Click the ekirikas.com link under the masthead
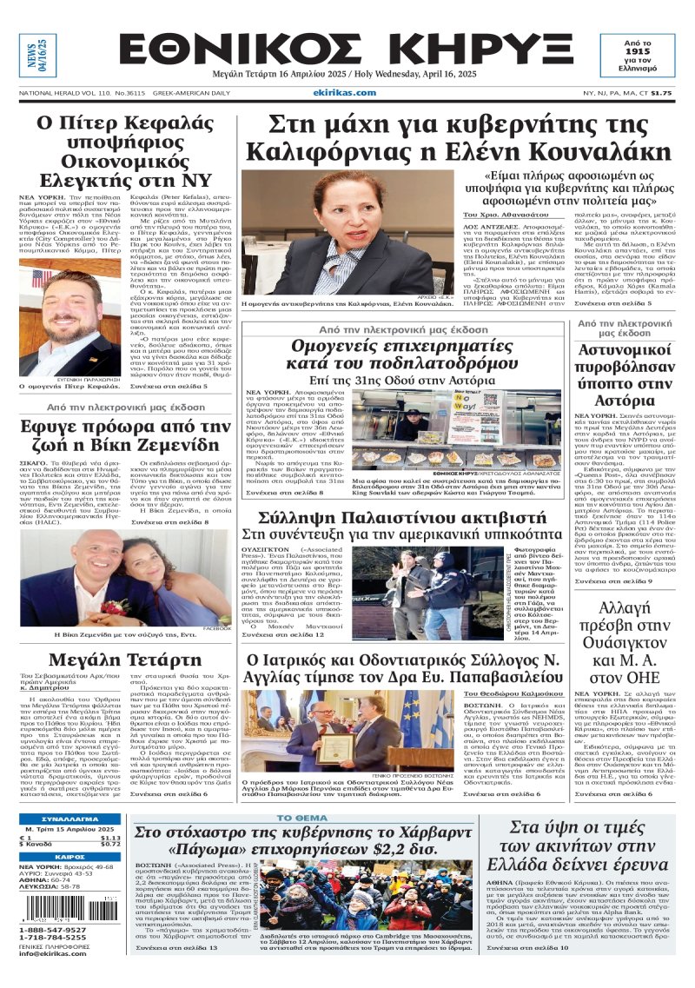346,92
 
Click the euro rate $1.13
109,837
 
